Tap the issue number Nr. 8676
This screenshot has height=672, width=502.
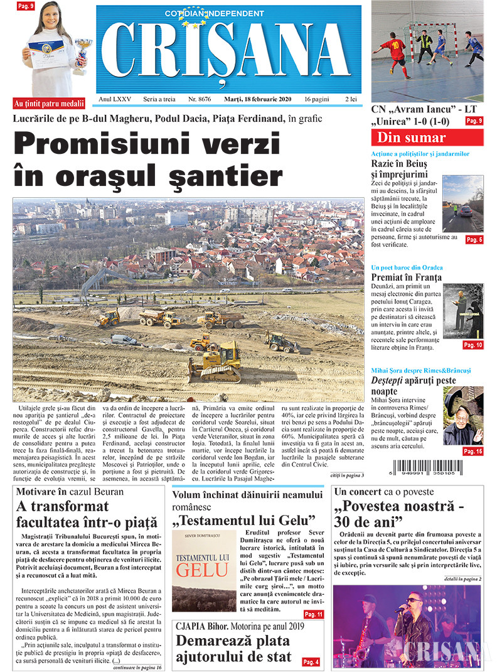coord(199,99)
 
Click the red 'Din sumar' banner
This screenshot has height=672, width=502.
coord(427,138)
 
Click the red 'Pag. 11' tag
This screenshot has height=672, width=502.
coord(312,614)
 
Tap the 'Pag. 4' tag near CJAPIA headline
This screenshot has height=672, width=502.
coord(311,662)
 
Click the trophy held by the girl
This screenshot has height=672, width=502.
coord(82,53)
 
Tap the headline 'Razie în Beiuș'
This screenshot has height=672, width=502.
coord(399,165)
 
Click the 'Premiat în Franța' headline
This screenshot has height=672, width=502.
coord(407,277)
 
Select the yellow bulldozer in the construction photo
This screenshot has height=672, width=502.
coord(215,364)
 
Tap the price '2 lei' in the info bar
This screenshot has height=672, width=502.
coord(351,99)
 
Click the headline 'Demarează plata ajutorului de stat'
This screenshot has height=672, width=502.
coord(233,649)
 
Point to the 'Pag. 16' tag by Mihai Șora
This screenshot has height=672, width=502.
coord(473,451)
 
